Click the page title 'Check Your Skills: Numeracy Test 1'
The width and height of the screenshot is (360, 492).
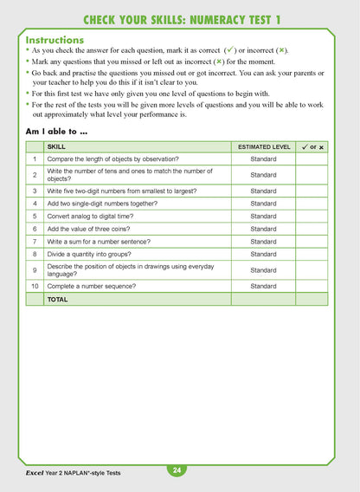(180, 19)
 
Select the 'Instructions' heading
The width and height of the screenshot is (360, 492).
(55, 40)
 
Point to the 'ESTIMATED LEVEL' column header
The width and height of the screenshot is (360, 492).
(263, 147)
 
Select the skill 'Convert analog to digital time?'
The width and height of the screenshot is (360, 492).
(95, 216)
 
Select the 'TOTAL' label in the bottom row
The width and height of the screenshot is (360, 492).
(57, 299)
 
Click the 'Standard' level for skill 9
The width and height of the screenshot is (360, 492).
(263, 270)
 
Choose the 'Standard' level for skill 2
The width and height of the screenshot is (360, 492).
(263, 175)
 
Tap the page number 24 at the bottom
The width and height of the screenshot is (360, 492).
(177, 470)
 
